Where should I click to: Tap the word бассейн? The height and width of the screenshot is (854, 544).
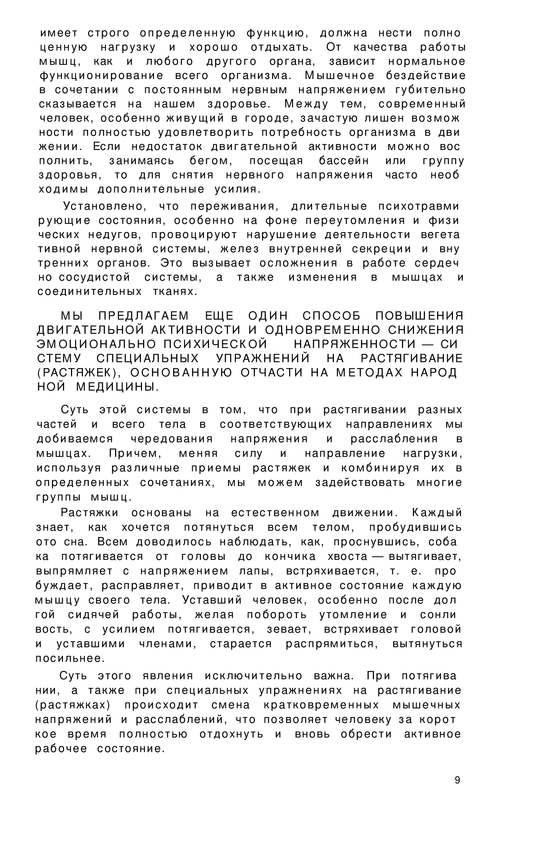click(344, 161)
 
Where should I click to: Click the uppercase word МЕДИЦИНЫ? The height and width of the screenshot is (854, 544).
click(117, 387)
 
